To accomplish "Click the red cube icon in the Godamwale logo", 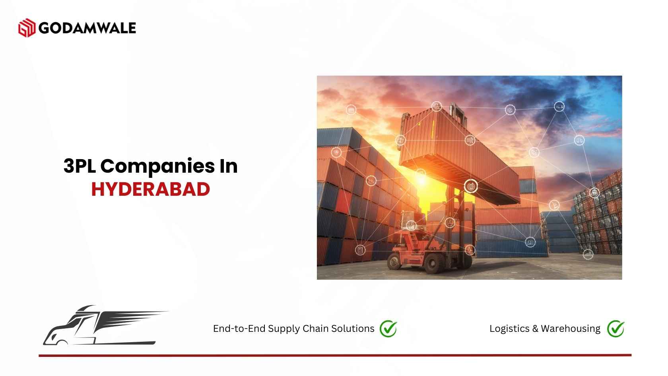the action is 27,28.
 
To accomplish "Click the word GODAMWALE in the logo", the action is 87,28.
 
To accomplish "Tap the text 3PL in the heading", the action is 80,166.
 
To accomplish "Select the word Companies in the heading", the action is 157,166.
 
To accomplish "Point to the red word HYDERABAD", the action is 151,189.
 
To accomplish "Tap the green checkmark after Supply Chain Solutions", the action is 388,329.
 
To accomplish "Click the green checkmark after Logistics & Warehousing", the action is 616,329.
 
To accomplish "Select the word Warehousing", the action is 571,329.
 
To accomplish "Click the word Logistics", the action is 509,329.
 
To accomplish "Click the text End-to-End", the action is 239,329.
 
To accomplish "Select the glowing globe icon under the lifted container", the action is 471,187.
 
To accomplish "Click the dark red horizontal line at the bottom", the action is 335,355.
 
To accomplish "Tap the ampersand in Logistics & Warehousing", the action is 535,329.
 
